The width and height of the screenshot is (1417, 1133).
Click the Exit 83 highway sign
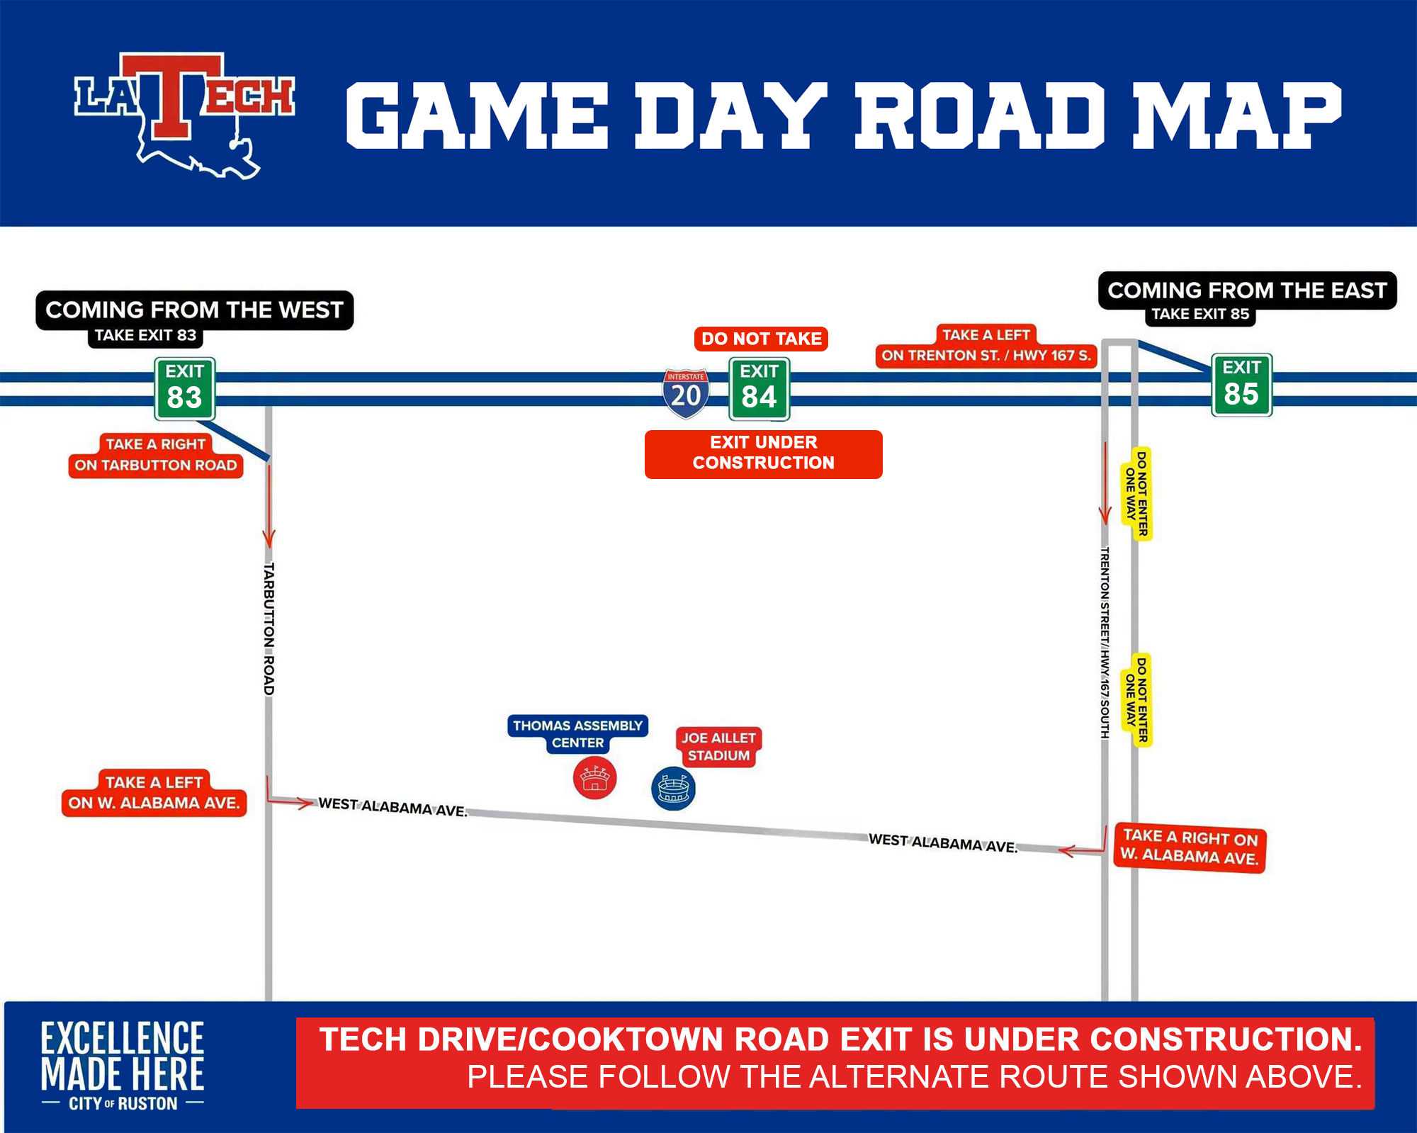[185, 388]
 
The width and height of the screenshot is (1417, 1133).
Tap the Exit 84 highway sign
[760, 388]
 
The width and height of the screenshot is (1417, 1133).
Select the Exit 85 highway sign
[1242, 385]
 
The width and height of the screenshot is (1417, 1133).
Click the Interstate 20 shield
[686, 393]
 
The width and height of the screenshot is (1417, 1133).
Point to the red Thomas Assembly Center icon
[595, 778]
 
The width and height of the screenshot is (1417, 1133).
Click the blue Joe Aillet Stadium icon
[673, 789]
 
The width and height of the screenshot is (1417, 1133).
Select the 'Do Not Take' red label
[762, 339]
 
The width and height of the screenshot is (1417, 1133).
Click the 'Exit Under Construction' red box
[764, 454]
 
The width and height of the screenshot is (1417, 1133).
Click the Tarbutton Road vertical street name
[269, 628]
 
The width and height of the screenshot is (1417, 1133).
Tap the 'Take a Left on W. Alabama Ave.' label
[154, 793]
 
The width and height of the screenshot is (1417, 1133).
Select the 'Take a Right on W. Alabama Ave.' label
[1190, 847]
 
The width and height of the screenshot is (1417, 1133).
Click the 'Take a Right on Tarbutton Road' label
[156, 455]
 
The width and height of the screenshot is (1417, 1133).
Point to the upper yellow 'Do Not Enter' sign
[1136, 494]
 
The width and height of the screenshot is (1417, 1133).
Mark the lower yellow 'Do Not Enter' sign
[1136, 700]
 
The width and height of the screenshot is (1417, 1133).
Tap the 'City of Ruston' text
[123, 1103]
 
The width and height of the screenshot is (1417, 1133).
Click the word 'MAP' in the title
[1237, 115]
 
